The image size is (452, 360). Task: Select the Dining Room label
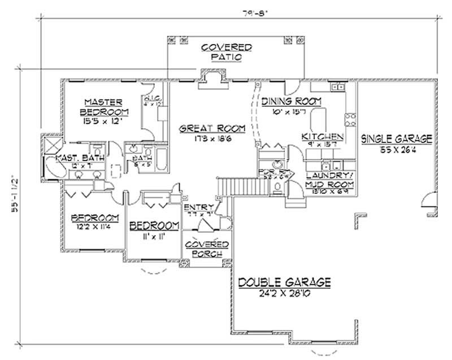point(291,101)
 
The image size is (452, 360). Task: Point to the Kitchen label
point(322,137)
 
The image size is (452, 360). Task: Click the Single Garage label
point(396,138)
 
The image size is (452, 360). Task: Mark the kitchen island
point(318,119)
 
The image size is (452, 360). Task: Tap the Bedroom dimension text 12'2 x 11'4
point(95,227)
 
